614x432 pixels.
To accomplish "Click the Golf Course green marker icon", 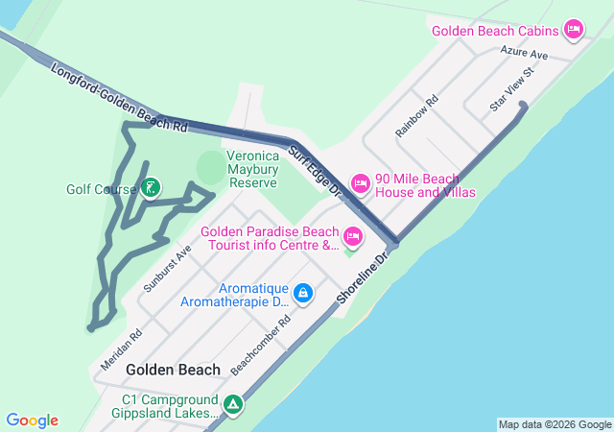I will coord(149,187).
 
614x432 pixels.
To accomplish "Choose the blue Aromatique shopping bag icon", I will coord(303,292).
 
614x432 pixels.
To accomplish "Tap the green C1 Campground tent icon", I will coord(232,405).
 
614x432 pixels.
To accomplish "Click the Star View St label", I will coord(511,89).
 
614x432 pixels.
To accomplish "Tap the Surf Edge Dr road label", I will coord(316,174).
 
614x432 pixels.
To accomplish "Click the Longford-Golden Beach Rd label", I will coord(119,98).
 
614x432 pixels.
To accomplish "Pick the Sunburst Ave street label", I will coord(168,267).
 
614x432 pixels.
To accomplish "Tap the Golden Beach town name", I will coord(173,370).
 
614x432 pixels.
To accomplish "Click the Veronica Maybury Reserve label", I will coord(251,169).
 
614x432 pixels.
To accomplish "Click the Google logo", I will coord(32,420).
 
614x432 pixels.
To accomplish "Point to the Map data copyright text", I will coord(555,424).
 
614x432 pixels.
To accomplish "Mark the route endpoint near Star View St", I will coord(523,107).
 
